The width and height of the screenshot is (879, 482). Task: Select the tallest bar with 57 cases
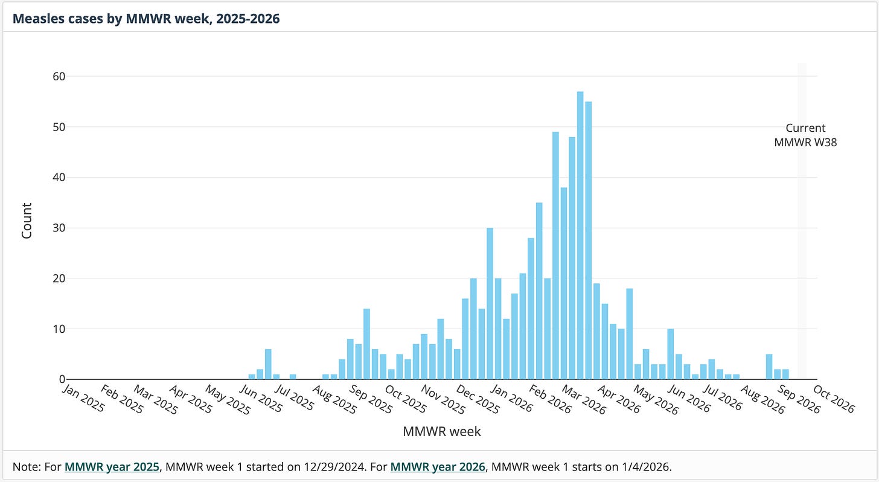point(580,236)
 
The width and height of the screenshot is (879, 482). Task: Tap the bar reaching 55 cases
point(588,240)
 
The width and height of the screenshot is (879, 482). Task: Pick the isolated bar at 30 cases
point(490,304)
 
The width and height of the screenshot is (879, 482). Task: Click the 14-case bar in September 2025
point(366,344)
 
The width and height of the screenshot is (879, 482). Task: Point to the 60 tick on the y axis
point(59,77)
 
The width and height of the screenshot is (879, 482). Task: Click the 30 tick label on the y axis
point(59,228)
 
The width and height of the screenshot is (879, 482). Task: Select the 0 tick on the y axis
point(62,379)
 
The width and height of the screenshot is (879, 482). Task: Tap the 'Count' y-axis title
point(27,220)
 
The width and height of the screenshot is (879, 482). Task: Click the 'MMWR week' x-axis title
point(441,431)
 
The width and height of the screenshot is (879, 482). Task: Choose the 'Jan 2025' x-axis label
point(83,398)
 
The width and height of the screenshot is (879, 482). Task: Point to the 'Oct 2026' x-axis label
point(834,399)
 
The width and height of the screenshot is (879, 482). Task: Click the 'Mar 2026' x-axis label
point(584,399)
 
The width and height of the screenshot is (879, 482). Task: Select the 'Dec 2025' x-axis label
point(478,399)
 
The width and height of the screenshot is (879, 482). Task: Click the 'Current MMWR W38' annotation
point(805,135)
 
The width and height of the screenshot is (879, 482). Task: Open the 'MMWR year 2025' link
point(112,467)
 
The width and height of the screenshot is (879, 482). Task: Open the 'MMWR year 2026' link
point(438,467)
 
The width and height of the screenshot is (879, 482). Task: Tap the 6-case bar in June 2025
point(268,364)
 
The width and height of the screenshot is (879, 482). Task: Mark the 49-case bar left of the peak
point(555,256)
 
